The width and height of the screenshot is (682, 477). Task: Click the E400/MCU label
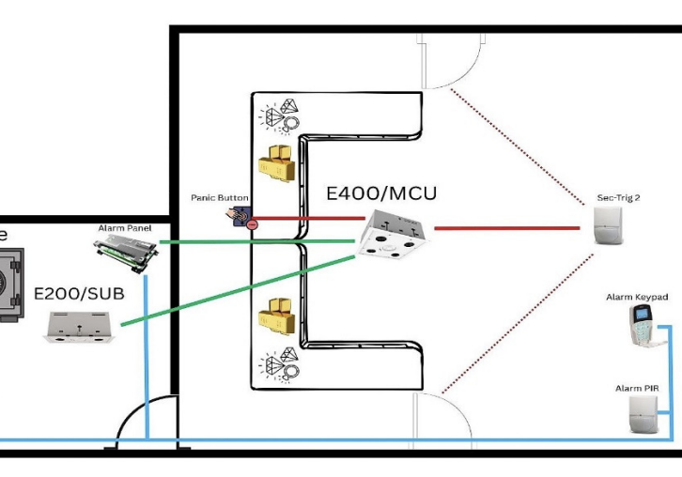coord(381,194)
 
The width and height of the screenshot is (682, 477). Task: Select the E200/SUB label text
coord(78,294)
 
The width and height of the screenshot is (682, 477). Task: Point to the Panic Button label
coord(217,198)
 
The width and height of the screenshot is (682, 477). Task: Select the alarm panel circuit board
coord(124,252)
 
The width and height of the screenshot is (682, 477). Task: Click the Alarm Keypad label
coord(636,297)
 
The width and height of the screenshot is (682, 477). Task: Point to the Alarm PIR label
coord(637,388)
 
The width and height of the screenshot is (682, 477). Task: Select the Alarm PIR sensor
coord(638,413)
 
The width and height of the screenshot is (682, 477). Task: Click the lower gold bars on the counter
coord(277,317)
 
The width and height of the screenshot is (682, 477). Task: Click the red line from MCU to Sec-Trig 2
coord(507,228)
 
